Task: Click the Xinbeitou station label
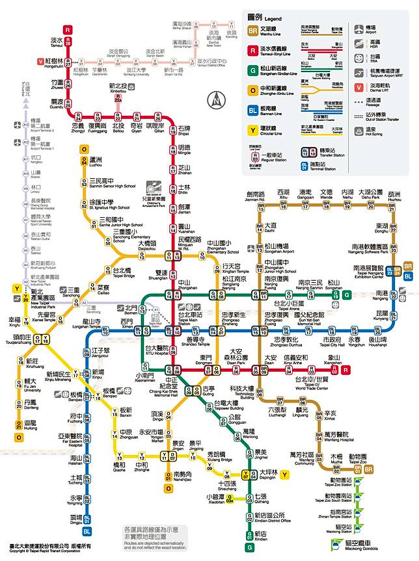click(118, 88)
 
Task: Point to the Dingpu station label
click(76, 519)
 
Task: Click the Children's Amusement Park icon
click(154, 187)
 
